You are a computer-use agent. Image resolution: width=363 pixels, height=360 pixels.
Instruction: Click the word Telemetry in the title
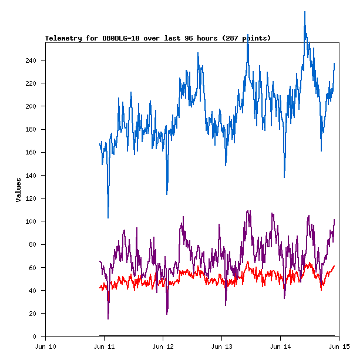[64, 38]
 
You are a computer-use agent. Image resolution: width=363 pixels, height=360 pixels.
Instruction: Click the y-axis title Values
[18, 190]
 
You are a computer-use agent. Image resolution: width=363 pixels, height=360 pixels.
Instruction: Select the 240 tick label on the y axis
[31, 60]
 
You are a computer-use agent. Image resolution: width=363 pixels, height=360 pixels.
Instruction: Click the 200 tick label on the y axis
[31, 106]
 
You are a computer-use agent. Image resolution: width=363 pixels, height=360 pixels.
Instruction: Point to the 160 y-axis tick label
[31, 153]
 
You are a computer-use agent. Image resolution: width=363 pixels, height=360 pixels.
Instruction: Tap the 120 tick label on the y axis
[31, 198]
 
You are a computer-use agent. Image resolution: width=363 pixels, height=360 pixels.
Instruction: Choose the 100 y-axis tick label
[31, 221]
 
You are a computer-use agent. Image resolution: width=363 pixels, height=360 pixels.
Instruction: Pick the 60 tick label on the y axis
[33, 268]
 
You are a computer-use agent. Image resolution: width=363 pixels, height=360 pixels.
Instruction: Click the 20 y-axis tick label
[33, 314]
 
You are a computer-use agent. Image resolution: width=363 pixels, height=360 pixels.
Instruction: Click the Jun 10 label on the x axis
[45, 346]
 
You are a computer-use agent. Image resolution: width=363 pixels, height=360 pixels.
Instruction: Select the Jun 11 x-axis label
[104, 346]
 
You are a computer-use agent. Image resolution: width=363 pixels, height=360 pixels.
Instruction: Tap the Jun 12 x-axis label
[163, 346]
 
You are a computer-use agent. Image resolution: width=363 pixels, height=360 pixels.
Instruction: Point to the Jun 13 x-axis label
[221, 346]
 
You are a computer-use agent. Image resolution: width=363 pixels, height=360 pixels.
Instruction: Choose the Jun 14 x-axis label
[280, 346]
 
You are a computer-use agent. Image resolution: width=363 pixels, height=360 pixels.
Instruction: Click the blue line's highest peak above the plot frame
[305, 12]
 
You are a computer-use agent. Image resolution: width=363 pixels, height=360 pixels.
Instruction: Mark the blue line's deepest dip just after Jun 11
[108, 217]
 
